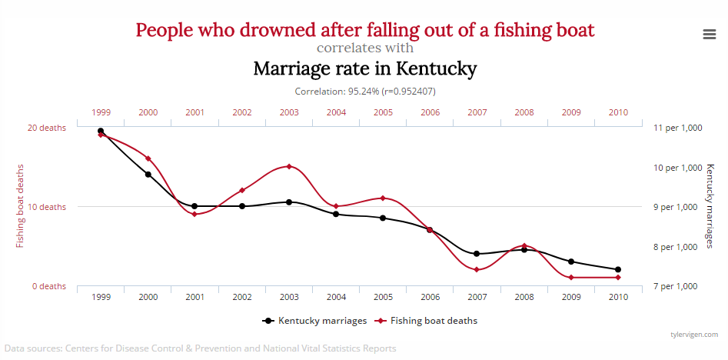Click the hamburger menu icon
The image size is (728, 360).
tap(710, 34)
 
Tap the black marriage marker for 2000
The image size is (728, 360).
tap(148, 175)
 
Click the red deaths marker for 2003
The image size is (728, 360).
tap(289, 166)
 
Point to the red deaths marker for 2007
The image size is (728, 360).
tap(477, 269)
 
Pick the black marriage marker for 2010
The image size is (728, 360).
tap(618, 269)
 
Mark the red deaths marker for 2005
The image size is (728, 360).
tap(383, 198)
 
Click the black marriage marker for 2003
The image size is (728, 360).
tap(289, 202)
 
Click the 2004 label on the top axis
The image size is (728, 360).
tap(336, 112)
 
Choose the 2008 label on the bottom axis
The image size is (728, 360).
tap(524, 297)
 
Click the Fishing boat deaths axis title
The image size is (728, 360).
tap(21, 206)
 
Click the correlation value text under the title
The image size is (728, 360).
tap(365, 91)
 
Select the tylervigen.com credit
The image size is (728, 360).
tap(693, 335)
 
